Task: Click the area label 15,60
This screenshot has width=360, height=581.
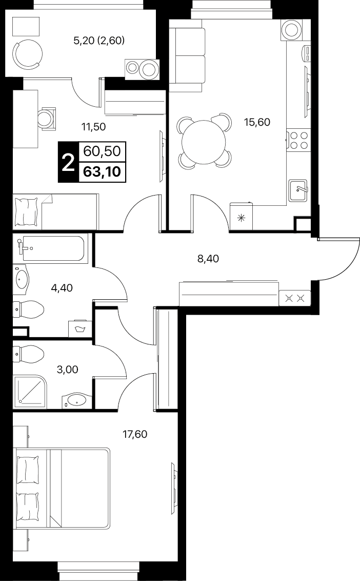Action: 257,122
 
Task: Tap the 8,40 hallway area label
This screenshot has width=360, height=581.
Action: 208,259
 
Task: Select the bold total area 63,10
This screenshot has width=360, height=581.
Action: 102,171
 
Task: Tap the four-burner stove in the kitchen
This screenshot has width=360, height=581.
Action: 298,140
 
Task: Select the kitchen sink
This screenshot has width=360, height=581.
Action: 298,190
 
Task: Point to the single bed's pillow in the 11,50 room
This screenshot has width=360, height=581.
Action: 26,211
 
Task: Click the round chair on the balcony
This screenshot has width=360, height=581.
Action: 28,54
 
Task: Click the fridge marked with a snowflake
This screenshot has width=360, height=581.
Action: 242,217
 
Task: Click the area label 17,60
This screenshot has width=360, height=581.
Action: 135,434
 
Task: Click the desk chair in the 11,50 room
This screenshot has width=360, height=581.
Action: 48,118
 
